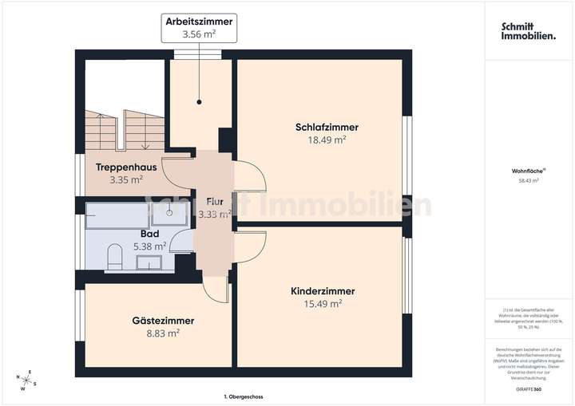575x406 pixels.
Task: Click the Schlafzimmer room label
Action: coord(327,127)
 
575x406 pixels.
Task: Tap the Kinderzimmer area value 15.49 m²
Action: coord(323,304)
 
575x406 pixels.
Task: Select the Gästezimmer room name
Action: coord(163,320)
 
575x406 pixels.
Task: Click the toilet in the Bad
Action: coord(114,257)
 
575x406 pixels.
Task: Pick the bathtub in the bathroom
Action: coord(119,215)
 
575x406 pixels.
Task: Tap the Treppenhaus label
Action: coord(126,168)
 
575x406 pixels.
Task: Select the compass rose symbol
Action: coord(26,380)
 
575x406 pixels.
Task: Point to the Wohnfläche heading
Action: coord(528,171)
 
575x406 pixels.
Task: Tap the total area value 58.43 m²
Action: coord(528,181)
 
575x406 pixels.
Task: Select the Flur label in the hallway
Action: coord(214,202)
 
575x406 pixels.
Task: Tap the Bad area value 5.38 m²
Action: coord(149,246)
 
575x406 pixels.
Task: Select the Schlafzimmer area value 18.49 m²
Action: coord(327,140)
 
